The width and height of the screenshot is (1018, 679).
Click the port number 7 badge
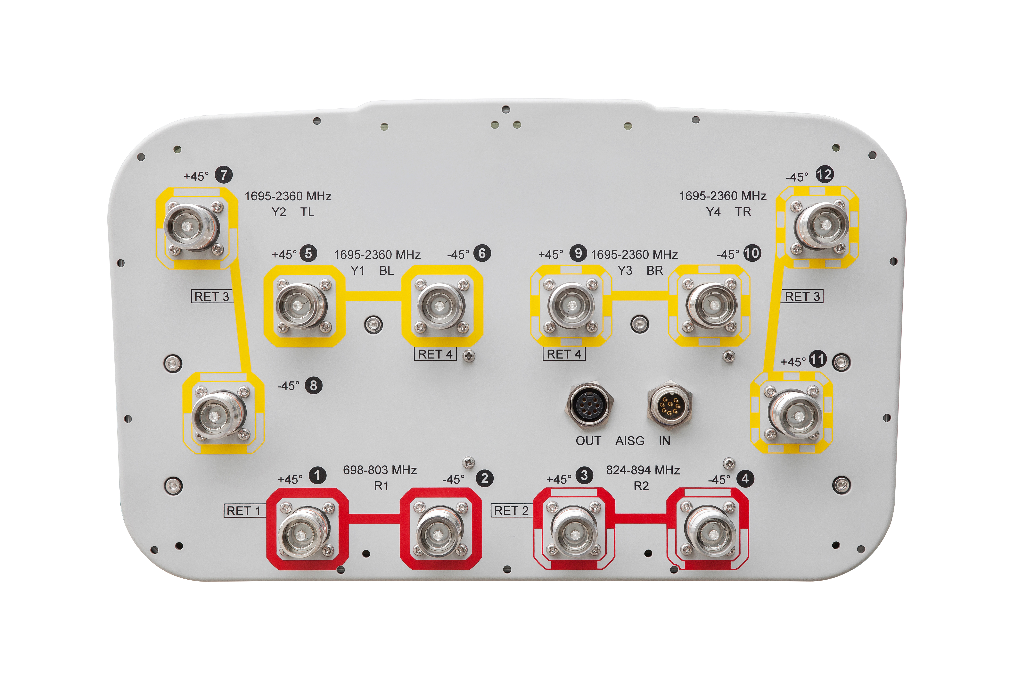(224, 175)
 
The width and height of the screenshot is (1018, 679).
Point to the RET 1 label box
(244, 511)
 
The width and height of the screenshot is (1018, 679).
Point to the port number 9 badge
(578, 253)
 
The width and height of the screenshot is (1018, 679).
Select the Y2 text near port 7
(279, 212)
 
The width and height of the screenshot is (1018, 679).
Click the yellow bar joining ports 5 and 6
(374, 296)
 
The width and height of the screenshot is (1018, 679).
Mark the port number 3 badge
(584, 475)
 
